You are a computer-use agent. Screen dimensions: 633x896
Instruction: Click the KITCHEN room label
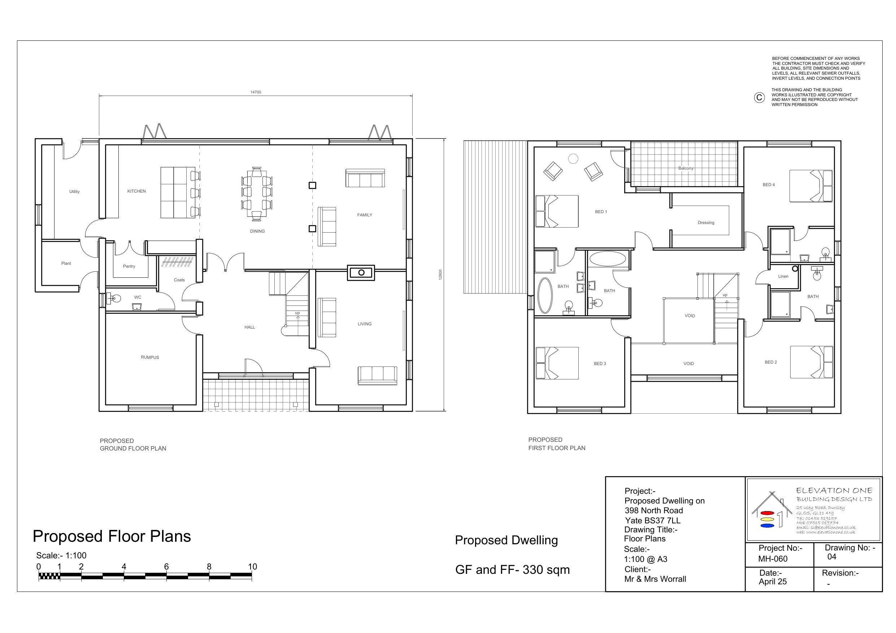(x=136, y=191)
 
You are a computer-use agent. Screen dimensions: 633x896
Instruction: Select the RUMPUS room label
(x=150, y=357)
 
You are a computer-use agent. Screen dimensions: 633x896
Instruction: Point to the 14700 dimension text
(x=256, y=92)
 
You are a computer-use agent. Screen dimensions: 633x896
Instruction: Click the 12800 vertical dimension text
(x=440, y=274)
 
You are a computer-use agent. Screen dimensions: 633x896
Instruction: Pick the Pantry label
(x=129, y=267)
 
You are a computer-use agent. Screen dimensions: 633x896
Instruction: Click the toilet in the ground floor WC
(x=115, y=299)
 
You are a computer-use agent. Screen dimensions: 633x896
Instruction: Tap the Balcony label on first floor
(x=686, y=168)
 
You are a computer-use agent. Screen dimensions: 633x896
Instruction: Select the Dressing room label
(x=706, y=223)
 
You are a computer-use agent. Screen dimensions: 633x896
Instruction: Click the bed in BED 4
(x=811, y=186)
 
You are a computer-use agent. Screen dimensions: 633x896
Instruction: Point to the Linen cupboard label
(x=783, y=277)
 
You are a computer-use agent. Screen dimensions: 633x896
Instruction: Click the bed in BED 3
(x=557, y=363)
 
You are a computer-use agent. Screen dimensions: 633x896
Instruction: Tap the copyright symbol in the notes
(x=759, y=97)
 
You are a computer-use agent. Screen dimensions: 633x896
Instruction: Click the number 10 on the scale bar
(x=252, y=567)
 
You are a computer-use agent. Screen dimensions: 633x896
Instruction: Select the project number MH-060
(x=773, y=559)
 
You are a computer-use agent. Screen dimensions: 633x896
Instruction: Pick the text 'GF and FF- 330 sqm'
(x=512, y=570)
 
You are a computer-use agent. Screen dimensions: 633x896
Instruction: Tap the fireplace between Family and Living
(x=361, y=273)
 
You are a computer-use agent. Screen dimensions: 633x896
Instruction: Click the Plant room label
(x=66, y=263)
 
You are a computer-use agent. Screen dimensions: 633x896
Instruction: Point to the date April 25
(x=773, y=581)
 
